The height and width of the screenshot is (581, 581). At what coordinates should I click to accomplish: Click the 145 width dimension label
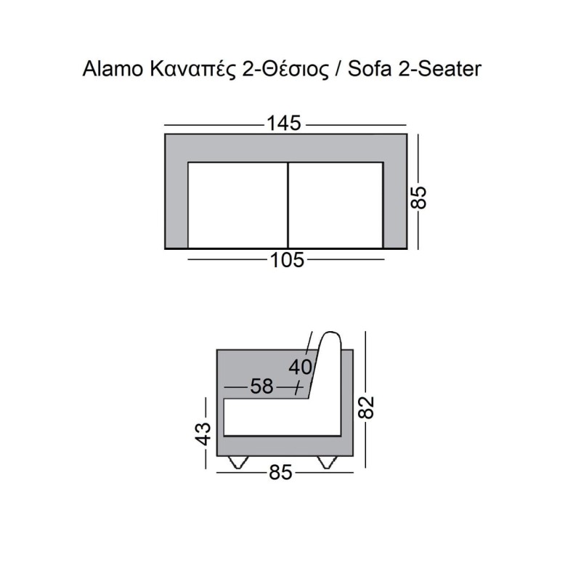click(x=284, y=123)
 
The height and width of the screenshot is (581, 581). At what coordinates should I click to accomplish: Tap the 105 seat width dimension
click(x=287, y=260)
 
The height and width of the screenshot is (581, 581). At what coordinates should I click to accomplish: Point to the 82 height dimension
click(x=366, y=407)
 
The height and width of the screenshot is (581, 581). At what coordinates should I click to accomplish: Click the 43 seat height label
click(x=203, y=434)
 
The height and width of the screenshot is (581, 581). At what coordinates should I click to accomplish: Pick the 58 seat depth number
click(x=262, y=386)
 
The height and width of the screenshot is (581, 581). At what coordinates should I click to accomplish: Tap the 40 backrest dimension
click(x=301, y=367)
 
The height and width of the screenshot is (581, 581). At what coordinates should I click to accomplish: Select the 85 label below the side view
click(x=280, y=473)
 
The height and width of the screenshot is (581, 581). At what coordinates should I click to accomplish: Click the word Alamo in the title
click(x=113, y=69)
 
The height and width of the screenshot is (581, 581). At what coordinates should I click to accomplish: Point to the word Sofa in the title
click(x=370, y=69)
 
